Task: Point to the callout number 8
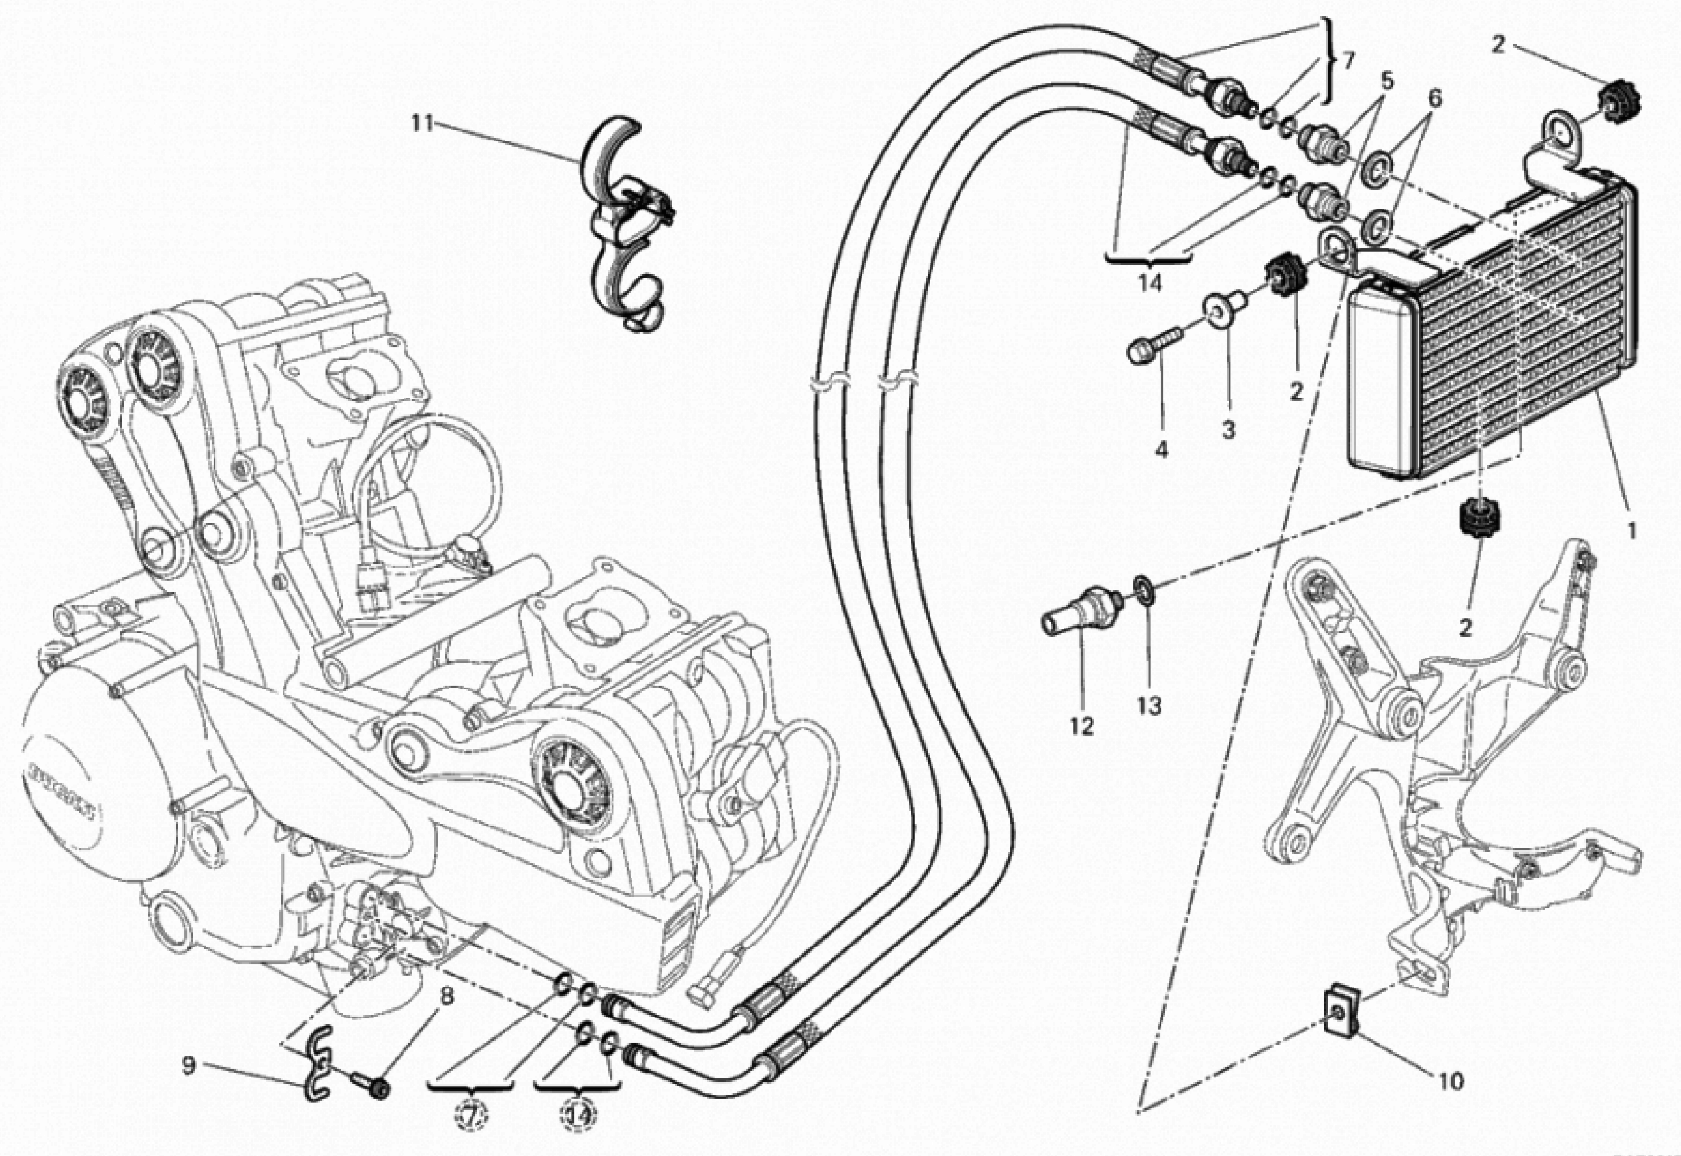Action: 446,997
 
